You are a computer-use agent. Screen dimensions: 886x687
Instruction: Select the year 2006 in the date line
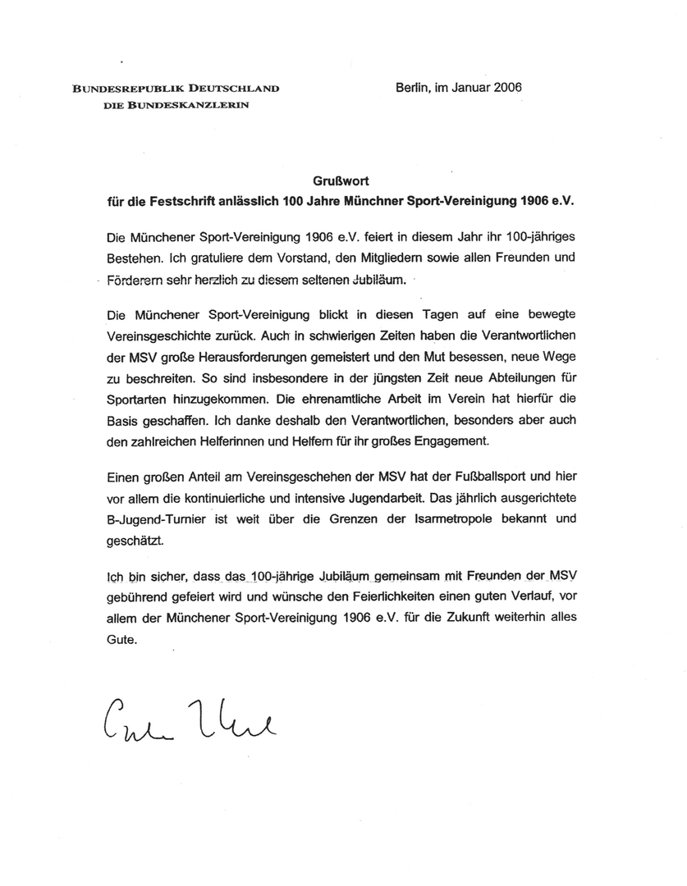coord(508,88)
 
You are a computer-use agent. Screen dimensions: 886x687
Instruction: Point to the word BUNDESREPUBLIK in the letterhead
coord(126,89)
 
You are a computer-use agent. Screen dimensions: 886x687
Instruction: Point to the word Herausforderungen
coord(252,357)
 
